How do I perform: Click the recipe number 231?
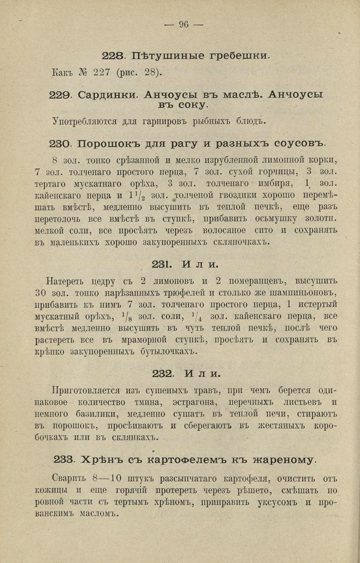pyautogui.click(x=162, y=264)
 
